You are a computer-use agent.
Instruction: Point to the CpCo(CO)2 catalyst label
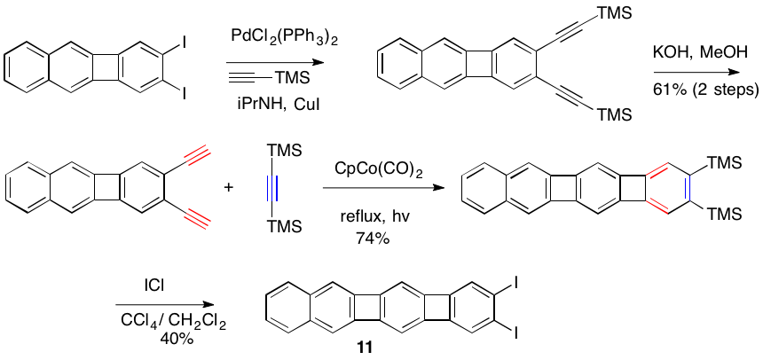coord(380,168)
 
